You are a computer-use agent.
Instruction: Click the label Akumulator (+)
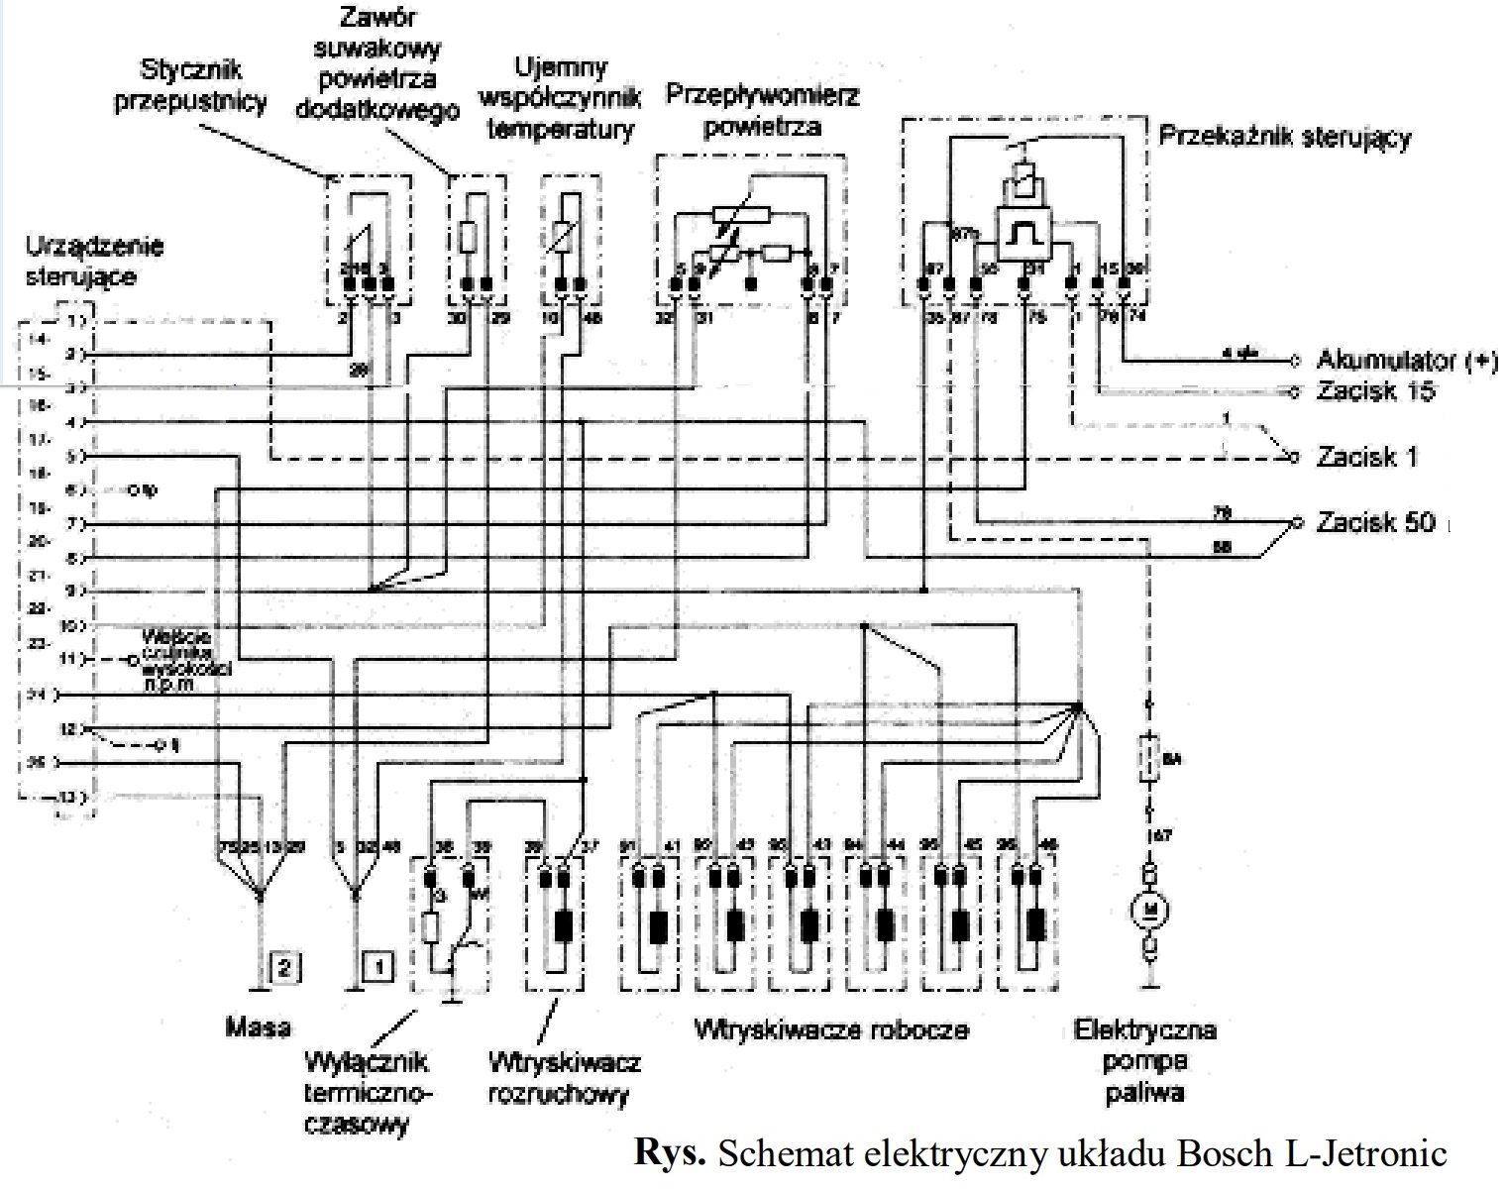[x=1406, y=360]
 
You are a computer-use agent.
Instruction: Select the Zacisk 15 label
[x=1375, y=390]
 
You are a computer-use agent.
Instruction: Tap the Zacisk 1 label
[x=1366, y=457]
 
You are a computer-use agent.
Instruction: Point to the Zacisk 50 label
[x=1375, y=522]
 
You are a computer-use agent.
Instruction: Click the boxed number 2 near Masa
[x=284, y=967]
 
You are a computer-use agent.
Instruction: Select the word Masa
[x=258, y=1027]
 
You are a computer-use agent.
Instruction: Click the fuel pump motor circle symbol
[x=1150, y=909]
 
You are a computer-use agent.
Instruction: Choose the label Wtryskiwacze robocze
[x=831, y=1029]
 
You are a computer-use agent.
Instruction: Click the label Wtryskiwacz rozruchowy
[x=564, y=1078]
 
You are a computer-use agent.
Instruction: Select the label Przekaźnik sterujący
[x=1284, y=137]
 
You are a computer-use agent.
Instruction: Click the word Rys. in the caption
[x=670, y=1153]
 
